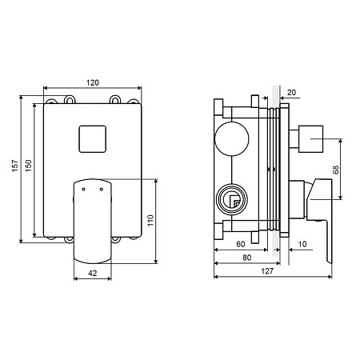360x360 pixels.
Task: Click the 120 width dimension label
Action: click(x=93, y=82)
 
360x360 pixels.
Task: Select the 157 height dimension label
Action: click(x=15, y=166)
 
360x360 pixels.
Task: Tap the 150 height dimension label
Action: click(x=29, y=166)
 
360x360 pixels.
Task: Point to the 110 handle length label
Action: click(x=150, y=220)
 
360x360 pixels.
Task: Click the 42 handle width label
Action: click(x=93, y=273)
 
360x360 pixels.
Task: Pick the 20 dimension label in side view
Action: click(x=291, y=93)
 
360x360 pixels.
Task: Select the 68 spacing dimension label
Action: click(x=336, y=170)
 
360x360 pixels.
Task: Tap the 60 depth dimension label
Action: click(x=241, y=244)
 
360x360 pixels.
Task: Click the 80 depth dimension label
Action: click(x=247, y=258)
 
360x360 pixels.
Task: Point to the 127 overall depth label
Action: click(x=267, y=271)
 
